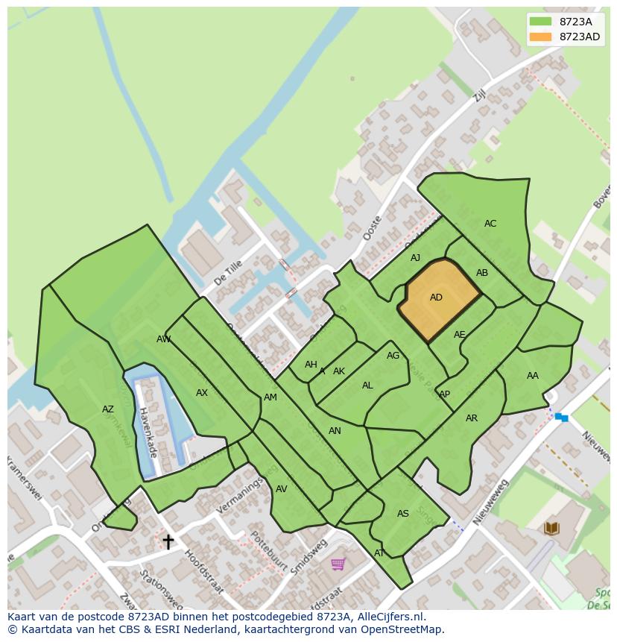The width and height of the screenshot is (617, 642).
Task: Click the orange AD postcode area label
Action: [436, 298]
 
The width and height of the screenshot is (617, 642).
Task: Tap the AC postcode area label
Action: [490, 224]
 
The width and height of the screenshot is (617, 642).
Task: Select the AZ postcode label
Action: [108, 409]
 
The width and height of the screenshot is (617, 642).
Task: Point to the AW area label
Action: [163, 339]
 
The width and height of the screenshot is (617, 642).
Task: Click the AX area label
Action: [201, 393]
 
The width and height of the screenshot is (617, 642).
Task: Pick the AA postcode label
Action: [532, 376]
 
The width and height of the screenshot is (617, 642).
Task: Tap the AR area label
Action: [471, 418]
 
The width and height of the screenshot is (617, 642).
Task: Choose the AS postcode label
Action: [402, 514]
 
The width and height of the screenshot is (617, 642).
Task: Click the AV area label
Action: [281, 489]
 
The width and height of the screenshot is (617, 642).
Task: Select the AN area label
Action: [335, 431]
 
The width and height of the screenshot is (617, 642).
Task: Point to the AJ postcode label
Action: [415, 258]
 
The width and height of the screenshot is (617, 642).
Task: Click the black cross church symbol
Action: [168, 541]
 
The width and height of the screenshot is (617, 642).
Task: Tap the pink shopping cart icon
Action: [338, 564]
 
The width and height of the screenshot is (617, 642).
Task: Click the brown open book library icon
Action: [551, 529]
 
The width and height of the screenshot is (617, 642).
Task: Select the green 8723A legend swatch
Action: [540, 22]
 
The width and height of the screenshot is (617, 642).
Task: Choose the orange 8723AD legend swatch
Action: [540, 37]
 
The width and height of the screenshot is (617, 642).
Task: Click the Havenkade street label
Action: [148, 433]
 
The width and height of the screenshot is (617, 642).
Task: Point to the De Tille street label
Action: [228, 274]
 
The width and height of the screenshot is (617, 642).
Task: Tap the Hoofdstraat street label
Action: [203, 572]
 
